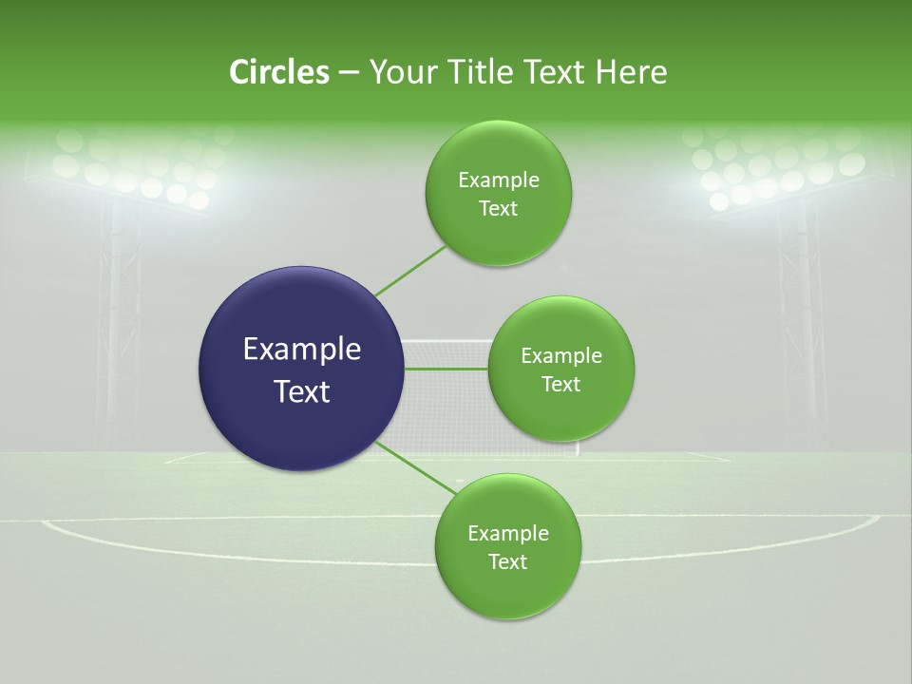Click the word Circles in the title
point(278,72)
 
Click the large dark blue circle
point(301,369)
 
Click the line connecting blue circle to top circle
point(410,271)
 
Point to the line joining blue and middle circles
point(446,369)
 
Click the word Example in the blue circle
point(301,349)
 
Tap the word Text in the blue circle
point(301,391)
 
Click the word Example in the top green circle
point(499,180)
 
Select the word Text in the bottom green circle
point(507,561)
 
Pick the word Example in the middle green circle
point(560,355)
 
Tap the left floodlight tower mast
point(119,313)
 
